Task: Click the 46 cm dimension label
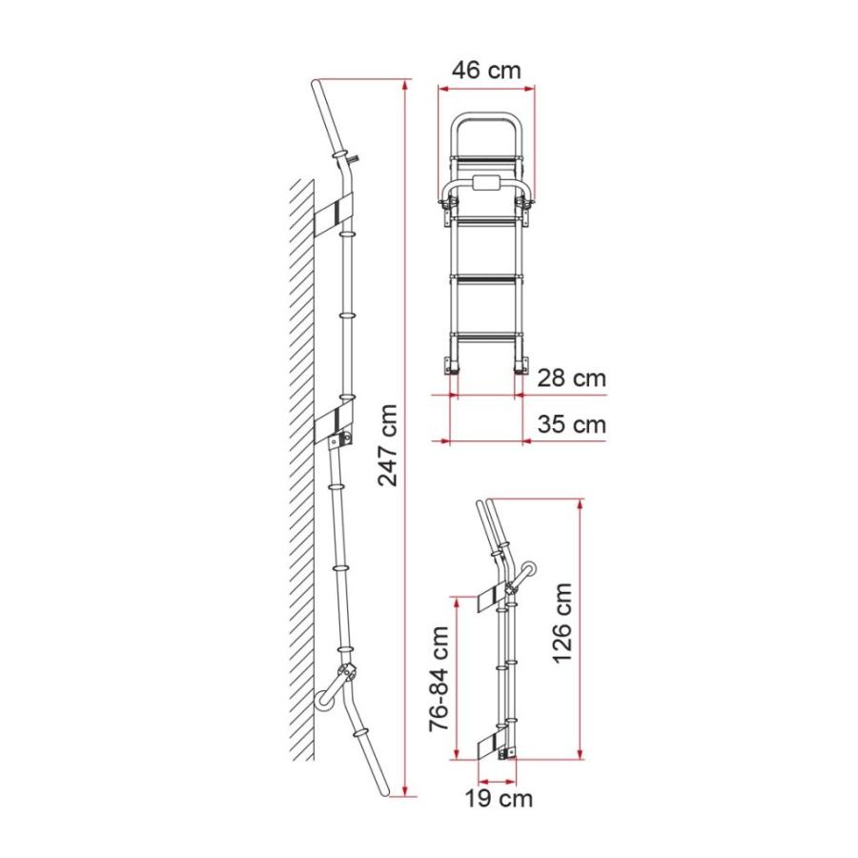point(486,70)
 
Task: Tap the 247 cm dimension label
point(387,445)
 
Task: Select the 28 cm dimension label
point(571,378)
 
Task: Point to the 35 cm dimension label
point(571,424)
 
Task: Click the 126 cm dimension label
point(562,623)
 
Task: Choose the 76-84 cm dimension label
point(439,679)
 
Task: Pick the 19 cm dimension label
point(499,798)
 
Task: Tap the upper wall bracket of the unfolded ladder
point(335,214)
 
